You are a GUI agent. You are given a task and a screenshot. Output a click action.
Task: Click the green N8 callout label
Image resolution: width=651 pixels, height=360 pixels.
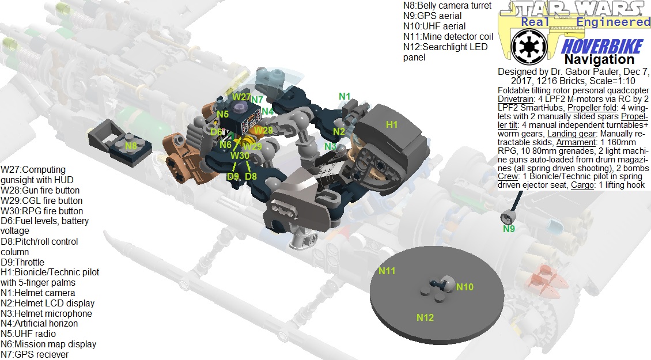tap(131, 146)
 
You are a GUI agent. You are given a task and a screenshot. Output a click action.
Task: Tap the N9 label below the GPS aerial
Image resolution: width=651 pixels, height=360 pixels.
tap(508, 229)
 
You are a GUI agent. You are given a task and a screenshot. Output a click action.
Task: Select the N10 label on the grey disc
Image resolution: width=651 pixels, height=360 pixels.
tap(465, 286)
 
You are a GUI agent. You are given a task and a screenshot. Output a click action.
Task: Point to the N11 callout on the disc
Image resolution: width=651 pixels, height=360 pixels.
tap(387, 270)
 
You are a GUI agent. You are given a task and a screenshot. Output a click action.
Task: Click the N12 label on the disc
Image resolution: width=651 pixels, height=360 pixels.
tap(425, 317)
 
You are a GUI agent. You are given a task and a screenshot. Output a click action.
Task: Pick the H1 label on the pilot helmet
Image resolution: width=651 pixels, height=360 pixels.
tap(392, 124)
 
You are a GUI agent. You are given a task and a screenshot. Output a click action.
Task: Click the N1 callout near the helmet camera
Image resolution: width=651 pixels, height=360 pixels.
tap(345, 96)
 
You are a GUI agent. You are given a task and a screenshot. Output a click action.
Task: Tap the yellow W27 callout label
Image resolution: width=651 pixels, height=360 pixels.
tap(241, 97)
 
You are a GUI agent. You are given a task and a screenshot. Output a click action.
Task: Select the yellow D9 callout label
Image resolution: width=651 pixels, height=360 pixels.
tap(233, 176)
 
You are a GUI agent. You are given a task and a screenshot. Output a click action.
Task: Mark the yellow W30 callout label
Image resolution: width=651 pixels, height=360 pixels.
tap(240, 156)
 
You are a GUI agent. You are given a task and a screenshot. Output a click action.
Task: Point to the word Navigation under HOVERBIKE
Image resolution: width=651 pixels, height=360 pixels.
tap(599, 60)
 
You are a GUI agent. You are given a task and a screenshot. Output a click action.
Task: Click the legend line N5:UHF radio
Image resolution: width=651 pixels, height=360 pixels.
tap(28, 334)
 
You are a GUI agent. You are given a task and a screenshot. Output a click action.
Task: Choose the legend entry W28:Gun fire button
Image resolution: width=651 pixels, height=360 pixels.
tap(40, 191)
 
